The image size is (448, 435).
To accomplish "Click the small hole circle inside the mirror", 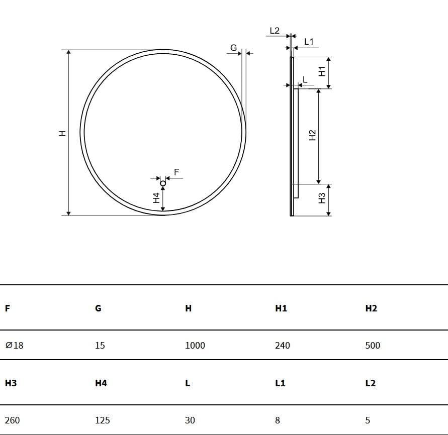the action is (163, 183).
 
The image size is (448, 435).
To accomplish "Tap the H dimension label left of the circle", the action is (62, 133).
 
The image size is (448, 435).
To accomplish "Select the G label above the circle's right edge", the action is (233, 48).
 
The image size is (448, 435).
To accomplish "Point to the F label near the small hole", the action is (176, 172).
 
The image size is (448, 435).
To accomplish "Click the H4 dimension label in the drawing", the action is (156, 198).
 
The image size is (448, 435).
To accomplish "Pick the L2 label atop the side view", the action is (275, 31).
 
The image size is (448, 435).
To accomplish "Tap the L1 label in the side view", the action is (309, 42).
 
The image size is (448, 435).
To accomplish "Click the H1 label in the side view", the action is (322, 71).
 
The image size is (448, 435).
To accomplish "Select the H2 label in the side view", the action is (313, 135).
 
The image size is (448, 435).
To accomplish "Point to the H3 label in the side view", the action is (322, 198).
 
